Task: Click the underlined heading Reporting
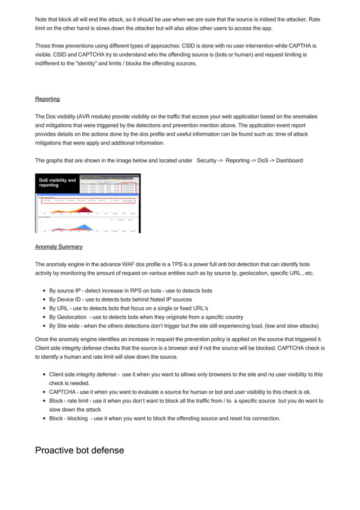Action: pyautogui.click(x=47, y=99)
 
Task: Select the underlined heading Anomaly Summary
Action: pyautogui.click(x=59, y=247)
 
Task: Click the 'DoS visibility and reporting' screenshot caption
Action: pyautogui.click(x=57, y=183)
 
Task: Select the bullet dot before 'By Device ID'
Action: pyautogui.click(x=44, y=300)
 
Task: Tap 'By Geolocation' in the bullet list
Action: pyautogui.click(x=67, y=317)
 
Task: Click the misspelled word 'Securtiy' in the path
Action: pyautogui.click(x=209, y=160)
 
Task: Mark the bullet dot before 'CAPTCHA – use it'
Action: pyautogui.click(x=44, y=392)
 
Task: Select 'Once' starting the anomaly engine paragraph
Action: pyautogui.click(x=43, y=339)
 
